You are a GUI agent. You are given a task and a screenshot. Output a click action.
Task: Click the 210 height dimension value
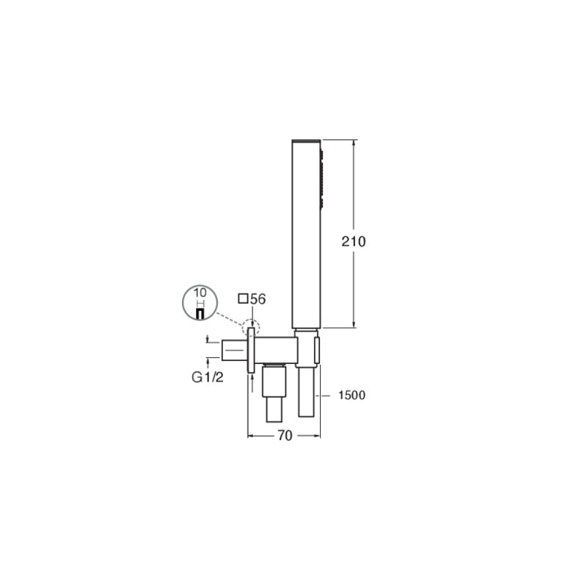click(x=354, y=241)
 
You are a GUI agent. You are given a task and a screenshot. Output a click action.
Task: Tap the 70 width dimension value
click(x=285, y=435)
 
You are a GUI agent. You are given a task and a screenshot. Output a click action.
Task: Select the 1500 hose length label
click(x=351, y=395)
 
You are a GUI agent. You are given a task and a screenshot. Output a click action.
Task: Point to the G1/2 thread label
click(x=208, y=377)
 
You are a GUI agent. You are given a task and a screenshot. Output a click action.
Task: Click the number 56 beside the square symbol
click(x=258, y=299)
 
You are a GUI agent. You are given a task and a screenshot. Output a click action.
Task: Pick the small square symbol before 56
click(x=244, y=299)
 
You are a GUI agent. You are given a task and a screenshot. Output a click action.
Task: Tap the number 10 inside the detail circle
click(x=200, y=292)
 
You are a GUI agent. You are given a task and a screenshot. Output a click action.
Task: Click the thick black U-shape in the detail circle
click(x=200, y=314)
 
